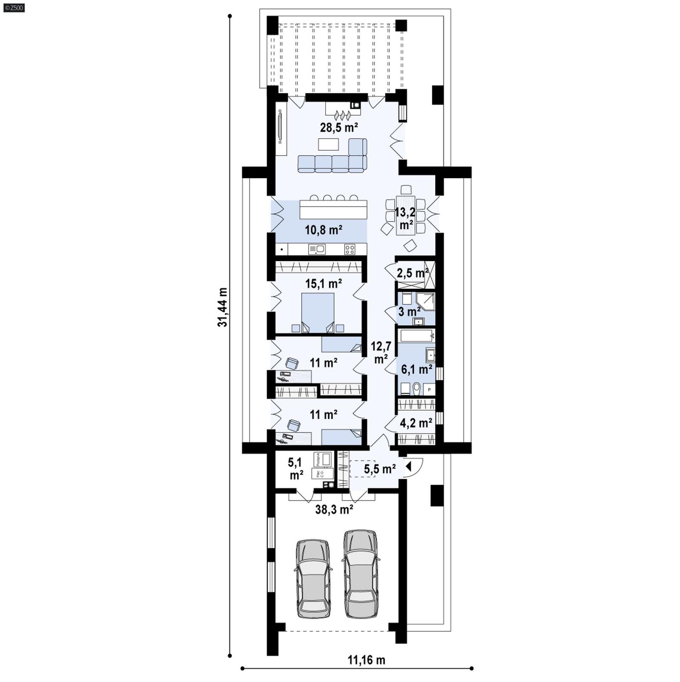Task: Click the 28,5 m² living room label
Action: pyautogui.click(x=339, y=127)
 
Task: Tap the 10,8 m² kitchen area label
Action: pyautogui.click(x=324, y=230)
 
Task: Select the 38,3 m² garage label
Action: pyautogui.click(x=334, y=509)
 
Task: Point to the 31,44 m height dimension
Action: pyautogui.click(x=222, y=307)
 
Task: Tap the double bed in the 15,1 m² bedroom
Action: pyautogui.click(x=317, y=313)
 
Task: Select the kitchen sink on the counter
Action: pyautogui.click(x=317, y=249)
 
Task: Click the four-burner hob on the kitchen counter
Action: pyautogui.click(x=349, y=249)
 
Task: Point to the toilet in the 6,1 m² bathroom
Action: pyautogui.click(x=416, y=388)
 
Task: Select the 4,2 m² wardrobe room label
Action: pyautogui.click(x=416, y=423)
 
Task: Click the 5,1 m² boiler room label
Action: pyautogui.click(x=296, y=468)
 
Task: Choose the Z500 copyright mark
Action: pyautogui.click(x=14, y=7)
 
